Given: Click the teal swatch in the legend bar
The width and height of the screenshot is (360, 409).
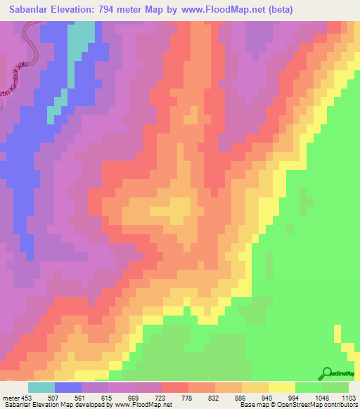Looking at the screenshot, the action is [41, 387].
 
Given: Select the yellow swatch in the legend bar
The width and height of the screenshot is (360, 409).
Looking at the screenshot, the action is [282, 387].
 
